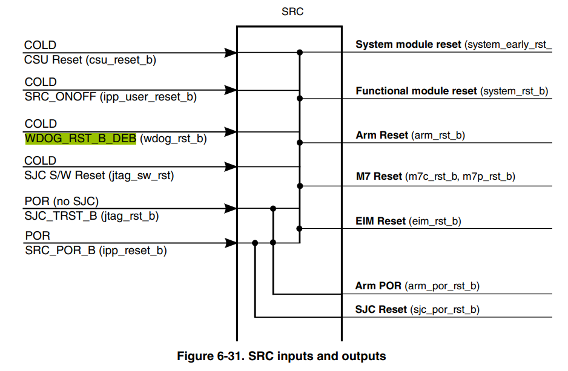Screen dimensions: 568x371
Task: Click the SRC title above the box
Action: click(x=292, y=11)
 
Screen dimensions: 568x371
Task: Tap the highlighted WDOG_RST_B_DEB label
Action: click(x=81, y=138)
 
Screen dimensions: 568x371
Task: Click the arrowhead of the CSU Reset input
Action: click(x=230, y=53)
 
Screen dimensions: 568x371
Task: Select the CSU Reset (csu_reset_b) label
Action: click(x=90, y=60)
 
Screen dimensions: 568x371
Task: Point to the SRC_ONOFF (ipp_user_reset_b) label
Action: click(x=110, y=97)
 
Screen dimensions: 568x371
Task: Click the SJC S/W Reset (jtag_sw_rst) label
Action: click(x=99, y=176)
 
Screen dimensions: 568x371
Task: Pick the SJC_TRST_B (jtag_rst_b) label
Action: click(x=91, y=216)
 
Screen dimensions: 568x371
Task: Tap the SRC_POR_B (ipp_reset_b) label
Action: click(x=96, y=251)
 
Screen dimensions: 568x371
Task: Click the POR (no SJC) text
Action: click(x=62, y=202)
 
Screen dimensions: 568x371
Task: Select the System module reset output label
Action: click(x=454, y=45)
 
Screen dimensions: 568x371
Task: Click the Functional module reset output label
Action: click(x=452, y=91)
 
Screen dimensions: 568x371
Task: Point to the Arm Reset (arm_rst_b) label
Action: click(x=410, y=135)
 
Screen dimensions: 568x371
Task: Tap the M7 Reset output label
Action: click(x=435, y=176)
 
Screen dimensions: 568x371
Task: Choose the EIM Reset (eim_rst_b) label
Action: click(x=408, y=221)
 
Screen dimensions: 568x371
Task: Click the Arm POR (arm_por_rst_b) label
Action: click(x=417, y=286)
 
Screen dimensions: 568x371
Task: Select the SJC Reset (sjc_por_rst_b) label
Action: click(x=417, y=309)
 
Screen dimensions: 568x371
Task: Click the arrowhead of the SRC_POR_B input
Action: click(x=230, y=243)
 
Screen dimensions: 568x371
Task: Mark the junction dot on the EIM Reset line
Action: click(x=299, y=228)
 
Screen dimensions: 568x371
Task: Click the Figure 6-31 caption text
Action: click(x=282, y=356)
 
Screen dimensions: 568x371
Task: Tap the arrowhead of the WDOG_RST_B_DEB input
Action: click(x=230, y=132)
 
